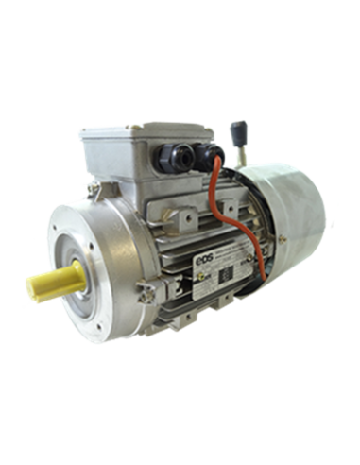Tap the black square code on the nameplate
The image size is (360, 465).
click(x=241, y=269)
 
